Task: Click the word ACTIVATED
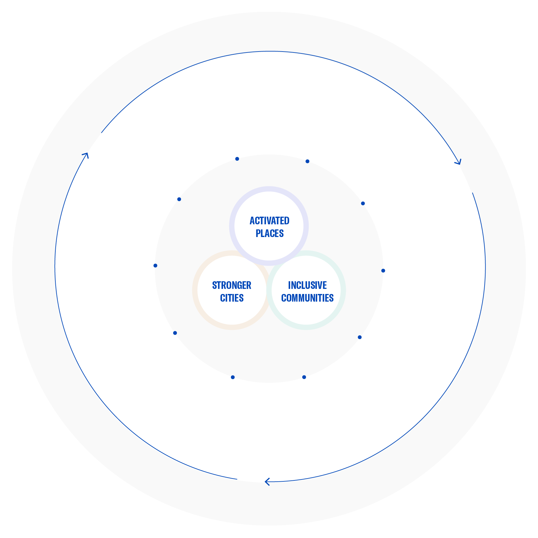tap(269, 220)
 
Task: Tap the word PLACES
tap(270, 234)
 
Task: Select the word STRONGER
tap(232, 285)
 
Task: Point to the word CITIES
tap(232, 298)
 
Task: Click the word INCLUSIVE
tap(307, 285)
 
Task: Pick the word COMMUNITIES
tap(307, 298)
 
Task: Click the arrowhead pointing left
tap(268, 482)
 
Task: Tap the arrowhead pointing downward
tap(458, 162)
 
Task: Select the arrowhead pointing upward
tap(85, 155)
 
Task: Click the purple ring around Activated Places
tap(269, 189)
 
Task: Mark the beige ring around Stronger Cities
tap(195, 290)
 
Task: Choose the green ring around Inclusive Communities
tap(343, 290)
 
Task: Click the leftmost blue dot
tap(155, 266)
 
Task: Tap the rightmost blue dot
tap(383, 271)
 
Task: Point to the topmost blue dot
tap(237, 159)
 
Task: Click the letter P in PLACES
tap(258, 234)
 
